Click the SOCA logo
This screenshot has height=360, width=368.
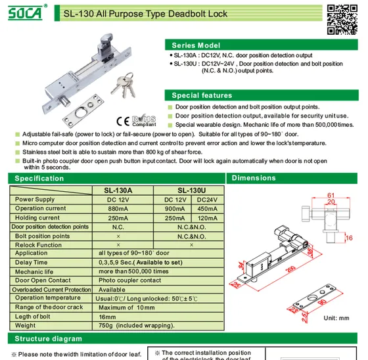pos(26,13)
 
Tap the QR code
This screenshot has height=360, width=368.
pos(342,20)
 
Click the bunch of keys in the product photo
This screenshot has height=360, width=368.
pos(124,85)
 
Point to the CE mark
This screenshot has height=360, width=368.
pos(123,121)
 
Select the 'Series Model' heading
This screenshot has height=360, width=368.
pos(196,45)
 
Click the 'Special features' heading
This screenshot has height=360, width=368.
pos(202,95)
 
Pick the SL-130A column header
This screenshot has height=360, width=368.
pos(118,191)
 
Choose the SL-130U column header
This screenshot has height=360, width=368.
pos(191,191)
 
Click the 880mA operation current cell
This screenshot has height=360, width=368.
pos(118,209)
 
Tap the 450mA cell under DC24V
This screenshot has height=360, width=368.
pos(207,209)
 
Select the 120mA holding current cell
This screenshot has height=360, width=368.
pos(207,218)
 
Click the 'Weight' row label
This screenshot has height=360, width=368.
pos(26,325)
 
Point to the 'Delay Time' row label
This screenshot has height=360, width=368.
pos(32,262)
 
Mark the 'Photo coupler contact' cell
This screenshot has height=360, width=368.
pos(130,281)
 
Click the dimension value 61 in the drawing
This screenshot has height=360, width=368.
pos(331,195)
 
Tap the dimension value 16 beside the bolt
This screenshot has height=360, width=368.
pos(349,238)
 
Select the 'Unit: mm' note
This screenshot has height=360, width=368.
pos(336,318)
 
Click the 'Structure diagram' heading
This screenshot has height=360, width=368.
pos(49,338)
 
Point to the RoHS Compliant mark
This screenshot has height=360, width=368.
pos(144,121)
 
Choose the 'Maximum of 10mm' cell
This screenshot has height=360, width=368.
pos(126,307)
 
